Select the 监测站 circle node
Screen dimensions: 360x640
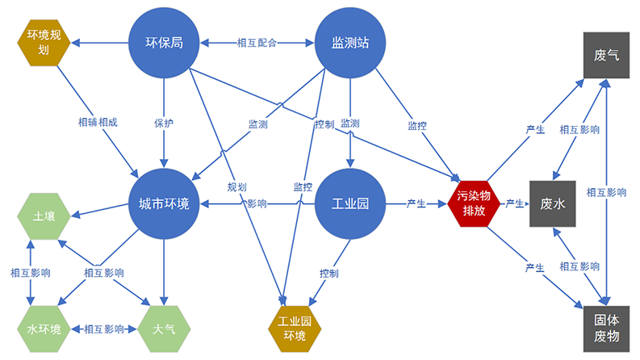[350, 43]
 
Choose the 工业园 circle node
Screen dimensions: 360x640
[350, 204]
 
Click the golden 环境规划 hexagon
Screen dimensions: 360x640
[44, 41]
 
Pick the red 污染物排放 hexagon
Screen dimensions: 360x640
[474, 204]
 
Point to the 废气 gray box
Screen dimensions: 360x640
[606, 56]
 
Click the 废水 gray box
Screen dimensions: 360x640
[553, 204]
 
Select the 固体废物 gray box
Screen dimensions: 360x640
[606, 329]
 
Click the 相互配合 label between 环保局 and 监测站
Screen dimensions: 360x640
[257, 43]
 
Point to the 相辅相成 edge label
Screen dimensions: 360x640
[98, 122]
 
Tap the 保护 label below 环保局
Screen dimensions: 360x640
[164, 123]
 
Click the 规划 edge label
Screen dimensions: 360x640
[236, 186]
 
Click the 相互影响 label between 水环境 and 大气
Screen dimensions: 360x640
[104, 329]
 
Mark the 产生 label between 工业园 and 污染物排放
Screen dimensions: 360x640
[417, 204]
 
